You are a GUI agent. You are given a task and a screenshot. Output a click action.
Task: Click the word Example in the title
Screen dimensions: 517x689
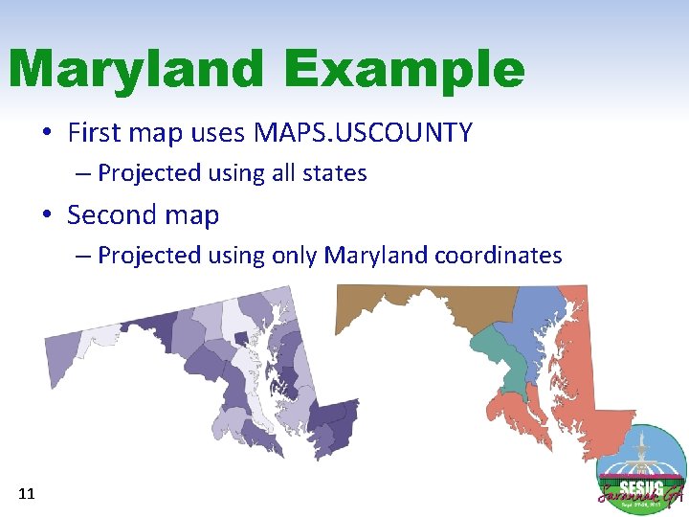tap(404, 69)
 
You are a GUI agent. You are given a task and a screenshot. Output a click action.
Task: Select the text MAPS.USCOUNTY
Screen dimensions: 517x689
tap(363, 132)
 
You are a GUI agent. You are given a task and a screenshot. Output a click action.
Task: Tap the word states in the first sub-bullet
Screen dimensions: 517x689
tap(333, 173)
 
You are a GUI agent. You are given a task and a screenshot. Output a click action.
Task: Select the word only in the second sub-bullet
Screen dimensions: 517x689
tap(295, 256)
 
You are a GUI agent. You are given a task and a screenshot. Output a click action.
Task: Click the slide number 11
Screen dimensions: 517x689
tap(27, 494)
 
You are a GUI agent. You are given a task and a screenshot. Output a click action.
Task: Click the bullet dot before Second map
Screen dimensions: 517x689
tap(48, 215)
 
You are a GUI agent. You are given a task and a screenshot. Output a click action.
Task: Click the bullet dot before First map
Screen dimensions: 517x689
tap(48, 132)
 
